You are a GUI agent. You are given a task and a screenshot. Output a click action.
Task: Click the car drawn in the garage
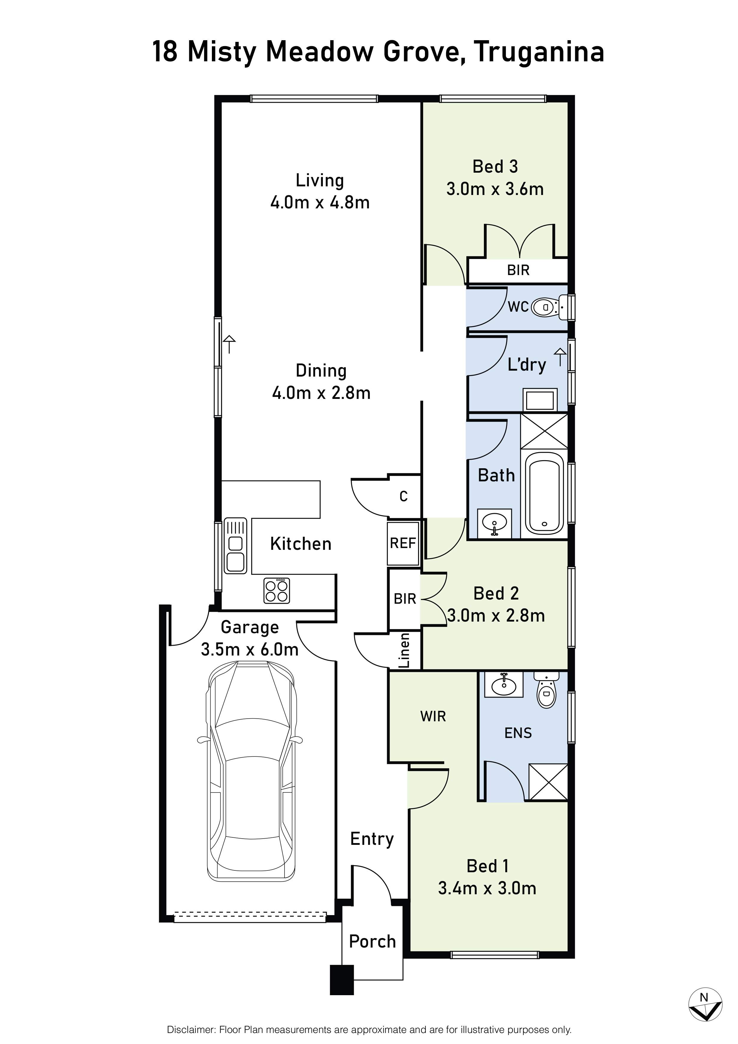pyautogui.click(x=250, y=772)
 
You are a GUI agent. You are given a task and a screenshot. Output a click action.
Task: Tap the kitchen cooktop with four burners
pyautogui.click(x=277, y=591)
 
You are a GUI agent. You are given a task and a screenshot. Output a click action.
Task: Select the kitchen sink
pyautogui.click(x=235, y=546)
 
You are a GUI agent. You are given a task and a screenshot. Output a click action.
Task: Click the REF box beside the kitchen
pyautogui.click(x=403, y=543)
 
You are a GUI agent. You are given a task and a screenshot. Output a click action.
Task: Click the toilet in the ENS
pyautogui.click(x=547, y=689)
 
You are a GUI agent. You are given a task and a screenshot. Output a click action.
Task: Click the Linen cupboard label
pyautogui.click(x=404, y=651)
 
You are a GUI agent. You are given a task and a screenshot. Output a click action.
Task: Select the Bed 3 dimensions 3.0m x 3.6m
pyautogui.click(x=495, y=189)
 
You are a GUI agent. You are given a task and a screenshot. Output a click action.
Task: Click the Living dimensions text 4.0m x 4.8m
pyautogui.click(x=320, y=202)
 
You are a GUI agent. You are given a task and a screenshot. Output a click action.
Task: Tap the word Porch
pyautogui.click(x=372, y=942)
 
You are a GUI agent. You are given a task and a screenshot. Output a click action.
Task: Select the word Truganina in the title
pyautogui.click(x=539, y=52)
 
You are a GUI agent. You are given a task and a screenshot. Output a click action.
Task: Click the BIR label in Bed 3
pyautogui.click(x=518, y=270)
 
